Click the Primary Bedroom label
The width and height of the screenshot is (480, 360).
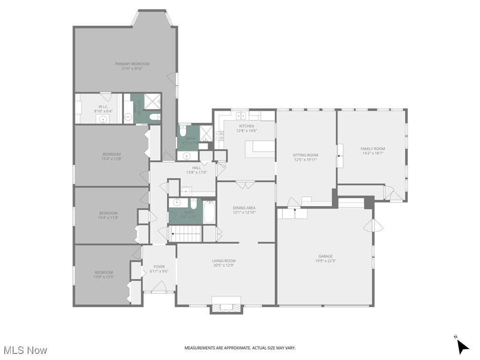[132, 64]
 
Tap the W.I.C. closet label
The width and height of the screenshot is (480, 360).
[103, 107]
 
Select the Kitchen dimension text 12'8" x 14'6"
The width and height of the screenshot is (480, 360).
[247, 131]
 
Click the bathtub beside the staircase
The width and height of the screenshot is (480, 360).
[209, 212]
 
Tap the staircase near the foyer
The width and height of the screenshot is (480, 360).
[185, 233]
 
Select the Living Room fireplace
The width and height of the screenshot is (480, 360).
[226, 304]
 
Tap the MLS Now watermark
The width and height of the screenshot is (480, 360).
[25, 350]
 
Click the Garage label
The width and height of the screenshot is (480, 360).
[325, 256]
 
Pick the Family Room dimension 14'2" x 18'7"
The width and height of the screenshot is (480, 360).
[373, 153]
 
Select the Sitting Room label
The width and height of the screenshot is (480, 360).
[305, 155]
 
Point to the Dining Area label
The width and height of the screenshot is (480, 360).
[244, 208]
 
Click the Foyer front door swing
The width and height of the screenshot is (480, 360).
[159, 287]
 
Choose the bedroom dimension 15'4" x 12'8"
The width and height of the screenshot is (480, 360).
[112, 159]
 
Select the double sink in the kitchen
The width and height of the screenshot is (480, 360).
[241, 115]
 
